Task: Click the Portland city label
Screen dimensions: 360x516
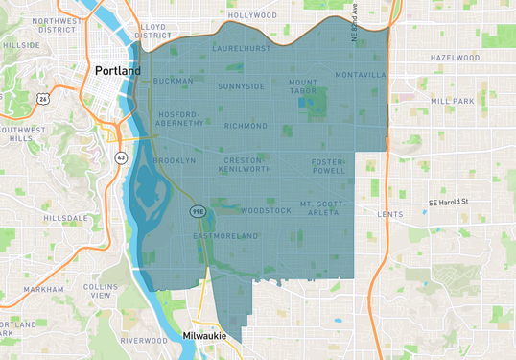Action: [x=117, y=71]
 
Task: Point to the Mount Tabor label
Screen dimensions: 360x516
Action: [x=303, y=87]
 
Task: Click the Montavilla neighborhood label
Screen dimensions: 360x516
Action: [x=359, y=75]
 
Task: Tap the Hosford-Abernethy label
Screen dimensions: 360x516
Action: [x=180, y=118]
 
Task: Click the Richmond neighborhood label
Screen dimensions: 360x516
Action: [x=246, y=125]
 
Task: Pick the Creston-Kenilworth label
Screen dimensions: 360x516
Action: [x=246, y=165]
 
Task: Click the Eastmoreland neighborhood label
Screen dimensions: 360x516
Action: [x=225, y=235]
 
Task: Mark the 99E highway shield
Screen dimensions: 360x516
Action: [x=196, y=210]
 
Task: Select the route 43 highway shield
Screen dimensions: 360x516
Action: [x=120, y=156]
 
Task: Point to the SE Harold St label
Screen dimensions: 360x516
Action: [x=447, y=202]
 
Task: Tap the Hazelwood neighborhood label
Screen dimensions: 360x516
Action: [x=455, y=58]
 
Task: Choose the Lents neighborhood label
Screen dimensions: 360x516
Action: [x=390, y=214]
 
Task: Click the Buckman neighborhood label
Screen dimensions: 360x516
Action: [x=173, y=81]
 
